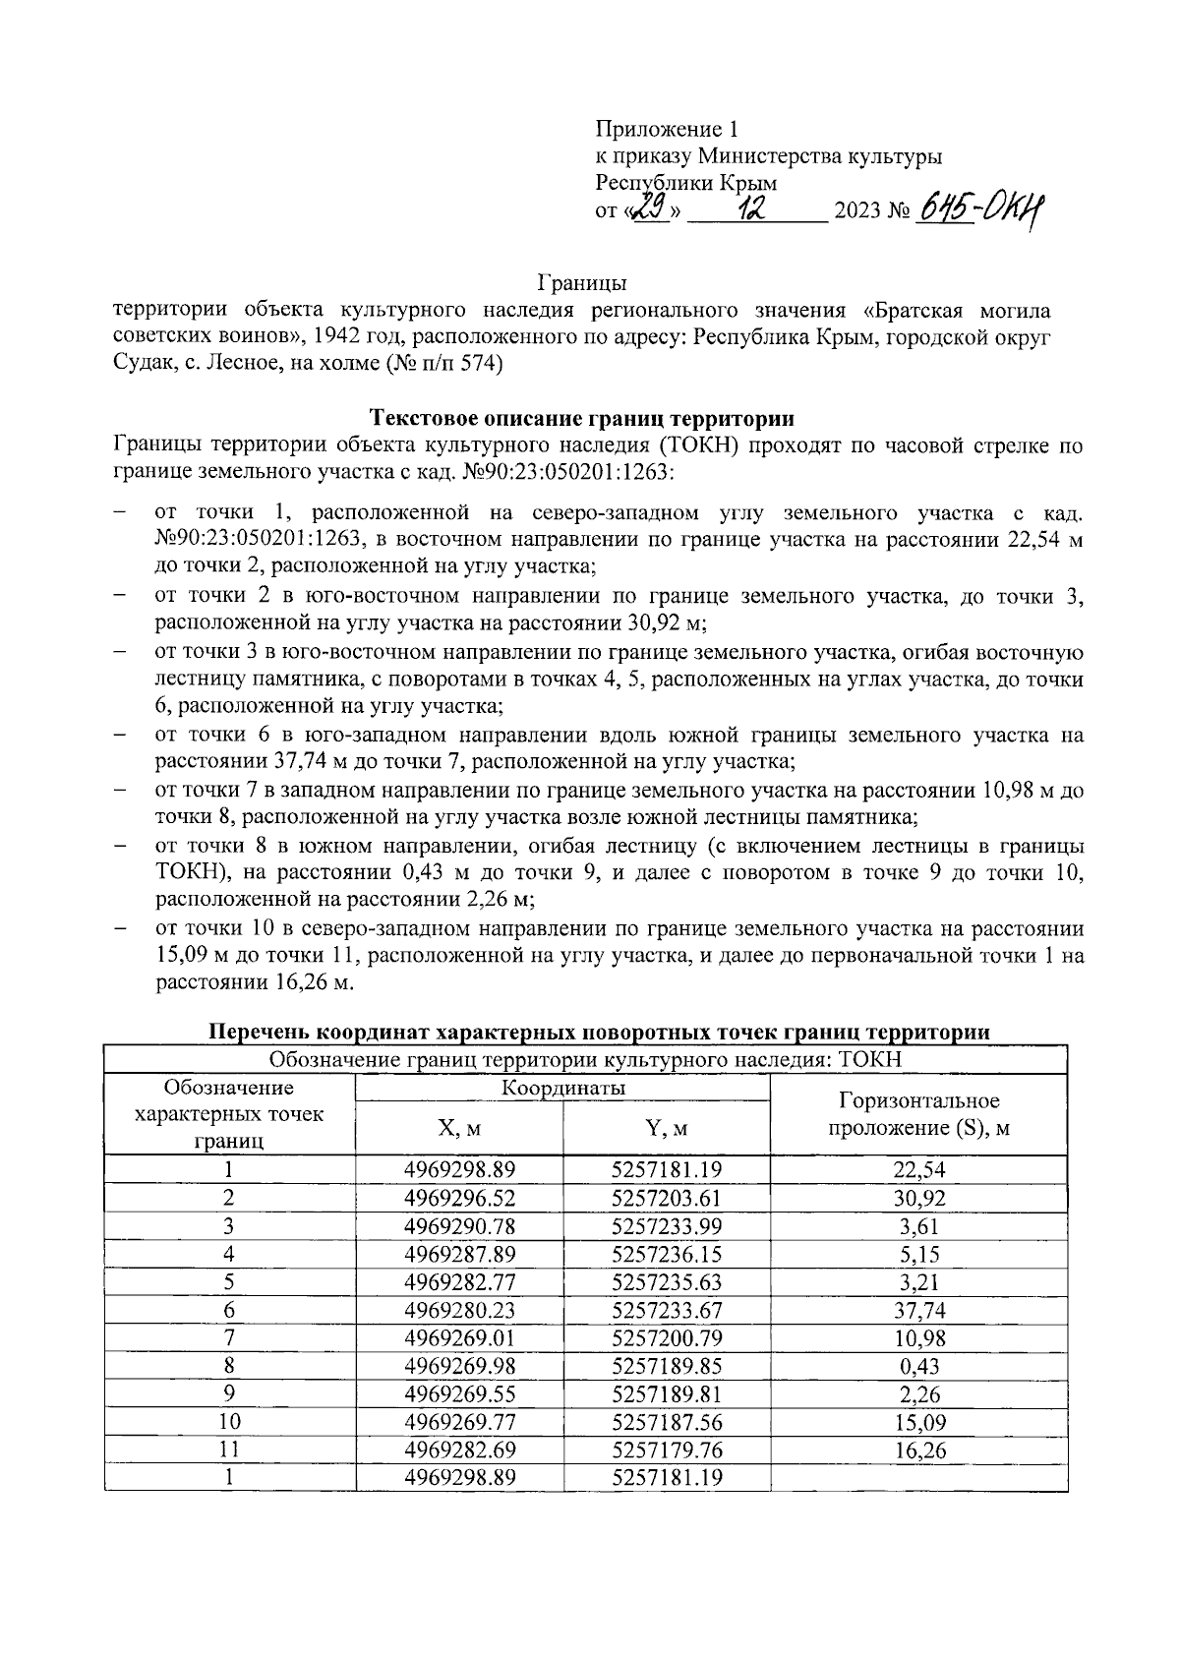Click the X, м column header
click(459, 1128)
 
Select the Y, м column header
click(666, 1128)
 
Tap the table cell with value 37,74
click(918, 1310)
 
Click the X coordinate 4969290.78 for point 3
click(459, 1225)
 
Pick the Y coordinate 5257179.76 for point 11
click(666, 1450)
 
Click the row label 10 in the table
click(229, 1421)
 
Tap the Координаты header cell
click(562, 1087)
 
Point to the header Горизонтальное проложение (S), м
click(918, 1114)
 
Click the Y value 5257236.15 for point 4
click(666, 1254)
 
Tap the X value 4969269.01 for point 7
click(459, 1337)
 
